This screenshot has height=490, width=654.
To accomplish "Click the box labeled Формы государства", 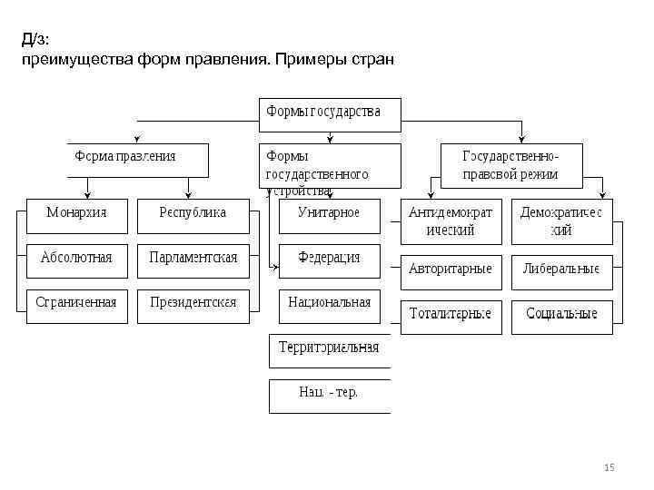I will [x=329, y=113].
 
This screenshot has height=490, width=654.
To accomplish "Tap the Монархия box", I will [x=77, y=213].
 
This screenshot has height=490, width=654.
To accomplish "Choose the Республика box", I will [x=192, y=213].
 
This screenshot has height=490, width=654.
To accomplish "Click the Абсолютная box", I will [x=77, y=259].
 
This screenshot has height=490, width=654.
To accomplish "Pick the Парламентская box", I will [x=192, y=259].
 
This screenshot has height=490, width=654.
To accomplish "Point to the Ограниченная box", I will [x=77, y=303].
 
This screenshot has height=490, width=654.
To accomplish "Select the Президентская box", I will [x=192, y=303].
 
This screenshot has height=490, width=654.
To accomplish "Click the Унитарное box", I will [x=329, y=213].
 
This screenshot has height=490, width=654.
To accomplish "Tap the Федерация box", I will [x=329, y=259].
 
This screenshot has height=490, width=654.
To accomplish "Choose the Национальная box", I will [x=329, y=303].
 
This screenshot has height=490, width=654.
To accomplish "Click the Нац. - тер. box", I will [x=329, y=394].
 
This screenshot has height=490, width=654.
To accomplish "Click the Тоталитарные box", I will [x=451, y=316].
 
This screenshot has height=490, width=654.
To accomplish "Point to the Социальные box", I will [x=561, y=316].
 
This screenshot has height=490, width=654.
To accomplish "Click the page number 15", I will [x=609, y=468].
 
